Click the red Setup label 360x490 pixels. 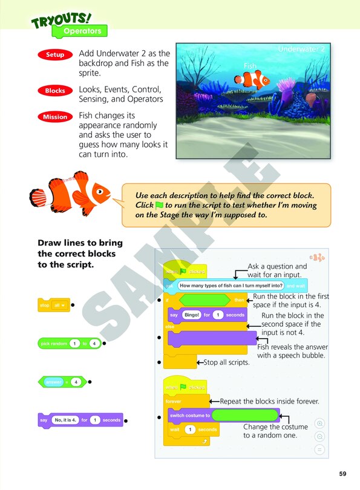tap(55, 55)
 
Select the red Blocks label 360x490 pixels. tap(55, 91)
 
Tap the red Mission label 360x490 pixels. tap(55, 117)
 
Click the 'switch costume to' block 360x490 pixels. tap(189, 416)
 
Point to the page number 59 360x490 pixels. tap(342, 474)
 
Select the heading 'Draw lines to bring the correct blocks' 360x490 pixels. tap(80, 248)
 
